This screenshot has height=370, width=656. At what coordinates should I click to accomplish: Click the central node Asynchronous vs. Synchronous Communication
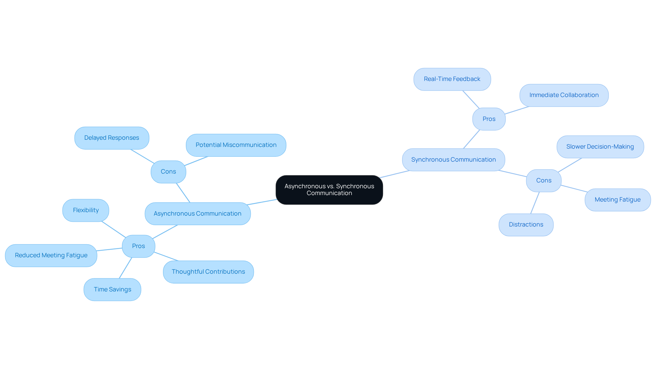(x=329, y=190)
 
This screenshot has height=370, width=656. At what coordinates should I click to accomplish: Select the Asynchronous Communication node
(x=197, y=214)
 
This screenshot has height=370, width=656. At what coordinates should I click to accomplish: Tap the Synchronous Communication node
(x=453, y=160)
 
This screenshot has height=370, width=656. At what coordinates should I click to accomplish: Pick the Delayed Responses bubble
(x=112, y=138)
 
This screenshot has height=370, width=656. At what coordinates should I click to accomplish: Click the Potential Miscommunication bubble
(x=236, y=145)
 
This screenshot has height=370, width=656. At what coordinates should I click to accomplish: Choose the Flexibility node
(x=86, y=210)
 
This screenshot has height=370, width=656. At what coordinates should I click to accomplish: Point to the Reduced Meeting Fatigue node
(x=51, y=255)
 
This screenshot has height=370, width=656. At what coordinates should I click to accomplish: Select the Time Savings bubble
(x=112, y=289)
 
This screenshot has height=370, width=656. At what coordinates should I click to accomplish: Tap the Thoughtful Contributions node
(x=208, y=272)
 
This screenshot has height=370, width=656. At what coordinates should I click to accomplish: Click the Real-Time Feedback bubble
(x=452, y=79)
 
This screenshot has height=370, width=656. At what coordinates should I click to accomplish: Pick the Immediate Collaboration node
(x=564, y=95)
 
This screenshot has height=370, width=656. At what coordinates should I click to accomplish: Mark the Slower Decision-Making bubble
(x=600, y=147)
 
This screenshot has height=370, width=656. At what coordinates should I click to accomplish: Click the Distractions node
(x=526, y=224)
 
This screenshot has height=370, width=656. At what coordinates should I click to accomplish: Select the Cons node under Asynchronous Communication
(x=168, y=172)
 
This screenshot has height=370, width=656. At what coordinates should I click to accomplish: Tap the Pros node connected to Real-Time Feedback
(x=489, y=119)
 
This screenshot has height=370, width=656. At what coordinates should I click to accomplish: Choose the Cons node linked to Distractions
(x=544, y=180)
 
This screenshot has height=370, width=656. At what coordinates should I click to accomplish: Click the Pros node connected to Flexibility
(x=138, y=246)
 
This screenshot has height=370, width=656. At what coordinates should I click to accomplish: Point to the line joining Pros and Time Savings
(x=125, y=268)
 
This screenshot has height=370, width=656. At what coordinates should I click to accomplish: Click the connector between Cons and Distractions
(x=535, y=203)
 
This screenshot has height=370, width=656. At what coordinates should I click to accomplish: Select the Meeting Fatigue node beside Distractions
(x=617, y=200)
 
